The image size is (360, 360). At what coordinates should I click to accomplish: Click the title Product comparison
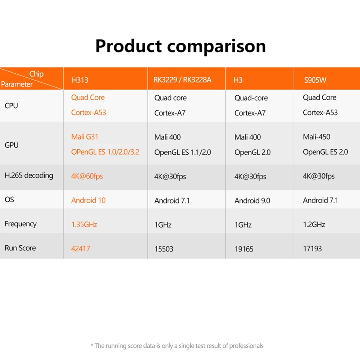tap(180, 46)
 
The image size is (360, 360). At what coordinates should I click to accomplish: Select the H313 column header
tap(80, 80)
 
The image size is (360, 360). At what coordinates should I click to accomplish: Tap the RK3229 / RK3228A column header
tap(183, 80)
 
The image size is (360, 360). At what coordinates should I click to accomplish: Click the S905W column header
tap(315, 80)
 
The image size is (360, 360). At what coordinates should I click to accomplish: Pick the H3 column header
tap(238, 80)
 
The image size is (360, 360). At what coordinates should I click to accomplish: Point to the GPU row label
tap(12, 145)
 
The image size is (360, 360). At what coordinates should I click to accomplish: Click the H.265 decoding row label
tap(29, 176)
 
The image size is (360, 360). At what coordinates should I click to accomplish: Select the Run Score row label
tap(20, 248)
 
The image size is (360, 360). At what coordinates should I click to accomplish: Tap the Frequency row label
tap(20, 224)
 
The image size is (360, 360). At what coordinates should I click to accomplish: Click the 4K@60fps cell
tap(87, 176)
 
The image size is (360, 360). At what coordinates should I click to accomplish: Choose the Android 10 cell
tap(88, 200)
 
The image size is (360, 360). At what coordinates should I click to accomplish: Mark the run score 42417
tap(81, 248)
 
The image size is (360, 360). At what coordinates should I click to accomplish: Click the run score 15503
tap(164, 249)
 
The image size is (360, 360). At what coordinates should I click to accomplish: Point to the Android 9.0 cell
tap(252, 201)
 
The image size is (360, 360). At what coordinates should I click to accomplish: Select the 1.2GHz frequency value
tap(314, 224)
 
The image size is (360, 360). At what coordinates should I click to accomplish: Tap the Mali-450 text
tap(316, 137)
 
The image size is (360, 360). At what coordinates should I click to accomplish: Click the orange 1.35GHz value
tap(84, 224)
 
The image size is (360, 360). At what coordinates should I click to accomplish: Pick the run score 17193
tap(312, 249)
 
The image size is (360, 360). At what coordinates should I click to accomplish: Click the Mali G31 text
tap(85, 137)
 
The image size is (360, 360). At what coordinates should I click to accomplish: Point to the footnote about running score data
tap(177, 346)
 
